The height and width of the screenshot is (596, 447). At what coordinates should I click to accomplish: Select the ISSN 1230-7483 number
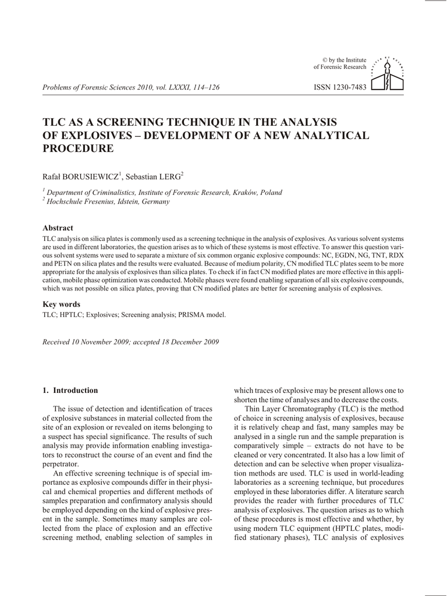(x=340, y=87)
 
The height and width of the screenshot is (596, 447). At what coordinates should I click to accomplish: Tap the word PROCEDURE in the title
(x=79, y=148)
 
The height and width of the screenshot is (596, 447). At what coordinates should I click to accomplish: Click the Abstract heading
(x=58, y=228)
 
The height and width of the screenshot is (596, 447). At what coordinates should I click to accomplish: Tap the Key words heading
(x=62, y=304)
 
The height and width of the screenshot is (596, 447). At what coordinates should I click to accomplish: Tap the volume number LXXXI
(x=166, y=87)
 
